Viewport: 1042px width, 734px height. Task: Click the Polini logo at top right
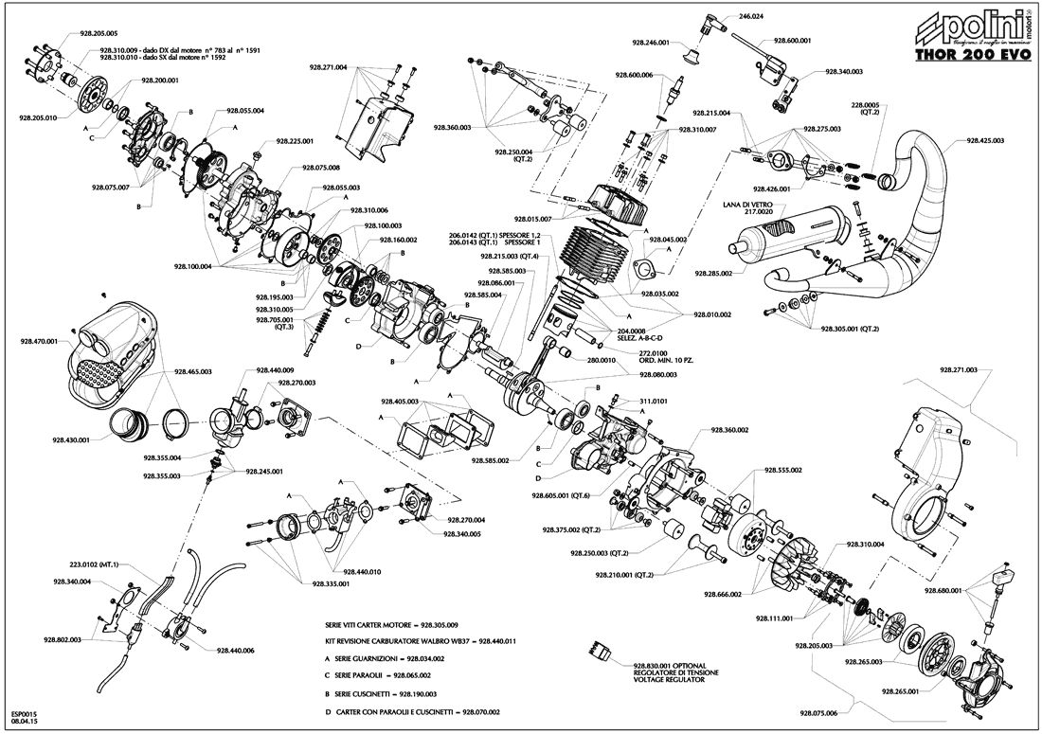(966, 26)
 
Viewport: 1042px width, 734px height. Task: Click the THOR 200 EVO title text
(969, 55)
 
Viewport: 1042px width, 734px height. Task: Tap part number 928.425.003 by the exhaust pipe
(985, 140)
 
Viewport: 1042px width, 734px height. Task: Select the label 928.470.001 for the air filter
(39, 341)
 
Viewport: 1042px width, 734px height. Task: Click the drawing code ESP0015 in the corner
(24, 714)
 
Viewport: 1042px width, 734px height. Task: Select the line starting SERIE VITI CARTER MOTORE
(391, 625)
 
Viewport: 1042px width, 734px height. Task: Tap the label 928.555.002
(783, 470)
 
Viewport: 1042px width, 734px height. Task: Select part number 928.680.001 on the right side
(942, 590)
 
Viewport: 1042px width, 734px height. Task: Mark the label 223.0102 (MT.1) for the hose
(93, 564)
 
